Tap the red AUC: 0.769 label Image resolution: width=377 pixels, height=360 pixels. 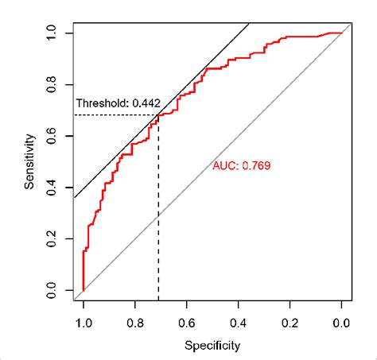[x=243, y=166]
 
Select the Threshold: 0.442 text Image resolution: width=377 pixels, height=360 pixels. [x=117, y=103]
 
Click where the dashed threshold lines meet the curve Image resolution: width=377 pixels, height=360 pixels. [x=158, y=115]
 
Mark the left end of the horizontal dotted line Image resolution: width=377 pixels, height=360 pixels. [x=74, y=115]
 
